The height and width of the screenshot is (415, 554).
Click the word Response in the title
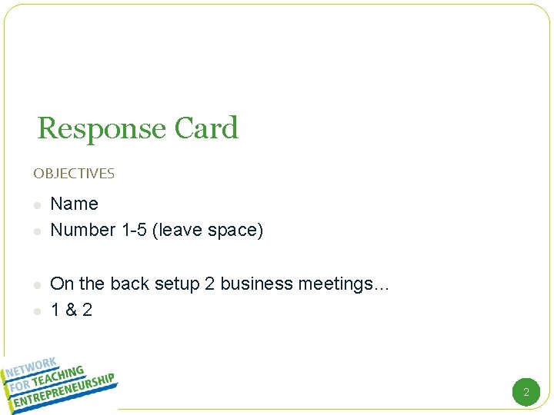pyautogui.click(x=102, y=128)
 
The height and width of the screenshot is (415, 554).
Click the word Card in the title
pyautogui.click(x=206, y=128)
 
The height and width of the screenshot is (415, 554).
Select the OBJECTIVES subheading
pyautogui.click(x=74, y=174)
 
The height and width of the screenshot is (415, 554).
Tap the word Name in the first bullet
pyautogui.click(x=74, y=204)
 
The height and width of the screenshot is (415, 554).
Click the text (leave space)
pyautogui.click(x=208, y=230)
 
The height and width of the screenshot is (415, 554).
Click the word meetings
pyautogui.click(x=335, y=284)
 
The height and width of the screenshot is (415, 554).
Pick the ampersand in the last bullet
pyautogui.click(x=71, y=310)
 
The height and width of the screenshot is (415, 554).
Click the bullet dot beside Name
pyautogui.click(x=36, y=205)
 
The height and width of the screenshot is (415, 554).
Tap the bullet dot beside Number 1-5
pyautogui.click(x=36, y=231)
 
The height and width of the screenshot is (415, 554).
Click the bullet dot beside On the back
pyautogui.click(x=36, y=285)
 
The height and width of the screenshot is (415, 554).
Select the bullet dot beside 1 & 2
pyautogui.click(x=36, y=311)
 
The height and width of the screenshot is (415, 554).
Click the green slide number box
pyautogui.click(x=526, y=392)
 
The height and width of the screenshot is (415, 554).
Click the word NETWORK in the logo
pyautogui.click(x=30, y=368)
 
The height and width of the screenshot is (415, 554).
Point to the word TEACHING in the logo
pyautogui.click(x=58, y=374)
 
